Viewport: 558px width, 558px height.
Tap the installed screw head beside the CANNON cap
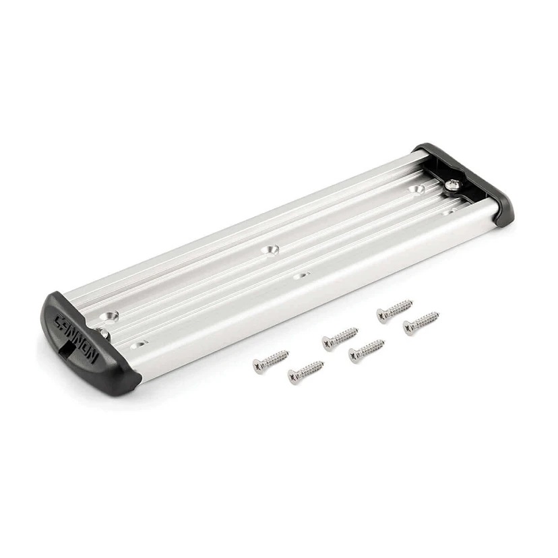click(x=104, y=332)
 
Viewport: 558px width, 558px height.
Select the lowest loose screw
click(x=305, y=371)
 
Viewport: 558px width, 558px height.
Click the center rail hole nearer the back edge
click(x=272, y=249)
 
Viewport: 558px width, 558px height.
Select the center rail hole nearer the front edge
click(x=301, y=275)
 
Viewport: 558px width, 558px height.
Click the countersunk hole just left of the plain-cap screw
click(x=418, y=191)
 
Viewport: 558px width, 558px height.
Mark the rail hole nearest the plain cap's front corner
click(x=446, y=213)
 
